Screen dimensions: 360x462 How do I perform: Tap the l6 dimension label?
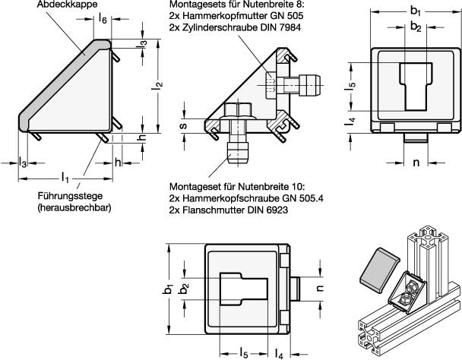[x=103, y=18]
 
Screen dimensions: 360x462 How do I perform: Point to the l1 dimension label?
[x=66, y=178]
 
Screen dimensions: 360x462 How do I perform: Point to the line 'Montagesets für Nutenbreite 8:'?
[x=235, y=5]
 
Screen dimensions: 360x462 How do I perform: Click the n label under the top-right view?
[x=415, y=162]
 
